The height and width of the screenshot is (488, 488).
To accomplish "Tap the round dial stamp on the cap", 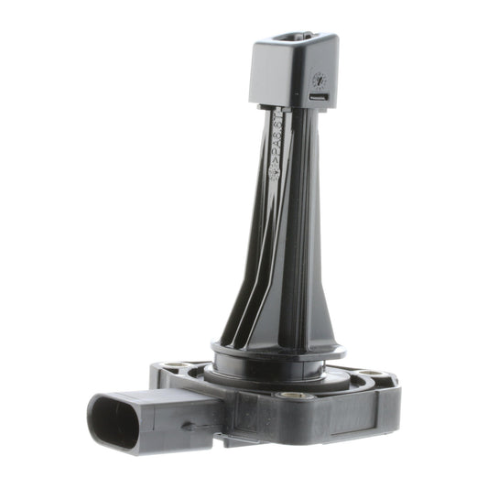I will coord(319,80).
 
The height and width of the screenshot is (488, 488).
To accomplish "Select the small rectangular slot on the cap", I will coord(318,95).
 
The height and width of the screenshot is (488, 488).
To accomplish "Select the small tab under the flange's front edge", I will coord(233,440).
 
